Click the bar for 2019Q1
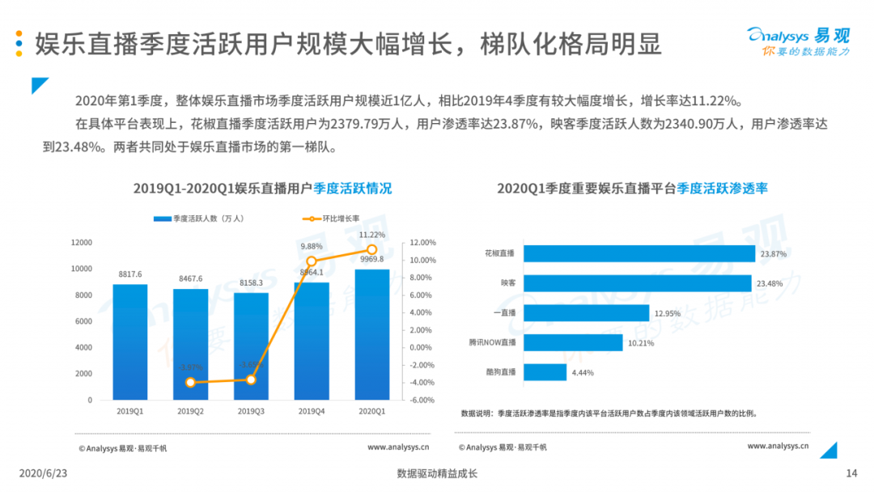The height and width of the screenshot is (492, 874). pyautogui.click(x=129, y=341)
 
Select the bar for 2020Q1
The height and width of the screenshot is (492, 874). pyautogui.click(x=372, y=334)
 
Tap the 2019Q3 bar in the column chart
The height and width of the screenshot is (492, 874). pyautogui.click(x=251, y=346)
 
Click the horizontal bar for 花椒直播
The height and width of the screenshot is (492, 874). pyautogui.click(x=639, y=253)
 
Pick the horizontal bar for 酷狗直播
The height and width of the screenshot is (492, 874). pyautogui.click(x=545, y=372)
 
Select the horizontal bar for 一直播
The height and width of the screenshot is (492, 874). pyautogui.click(x=586, y=313)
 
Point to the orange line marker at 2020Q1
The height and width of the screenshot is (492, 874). pyautogui.click(x=372, y=249)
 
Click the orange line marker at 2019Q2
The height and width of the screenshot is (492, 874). pyautogui.click(x=191, y=382)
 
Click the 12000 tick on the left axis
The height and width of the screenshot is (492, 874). pyautogui.click(x=82, y=243)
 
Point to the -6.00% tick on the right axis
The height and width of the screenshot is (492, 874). pyautogui.click(x=422, y=400)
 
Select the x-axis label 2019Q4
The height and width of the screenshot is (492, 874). pyautogui.click(x=311, y=411)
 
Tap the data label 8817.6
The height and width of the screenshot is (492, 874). pyautogui.click(x=129, y=274)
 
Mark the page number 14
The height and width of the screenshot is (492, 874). pyautogui.click(x=851, y=473)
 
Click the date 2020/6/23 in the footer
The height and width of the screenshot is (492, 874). pyautogui.click(x=43, y=473)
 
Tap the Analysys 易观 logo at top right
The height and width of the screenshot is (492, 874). pyautogui.click(x=797, y=40)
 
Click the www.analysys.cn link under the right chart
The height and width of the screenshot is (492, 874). pyautogui.click(x=778, y=445)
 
